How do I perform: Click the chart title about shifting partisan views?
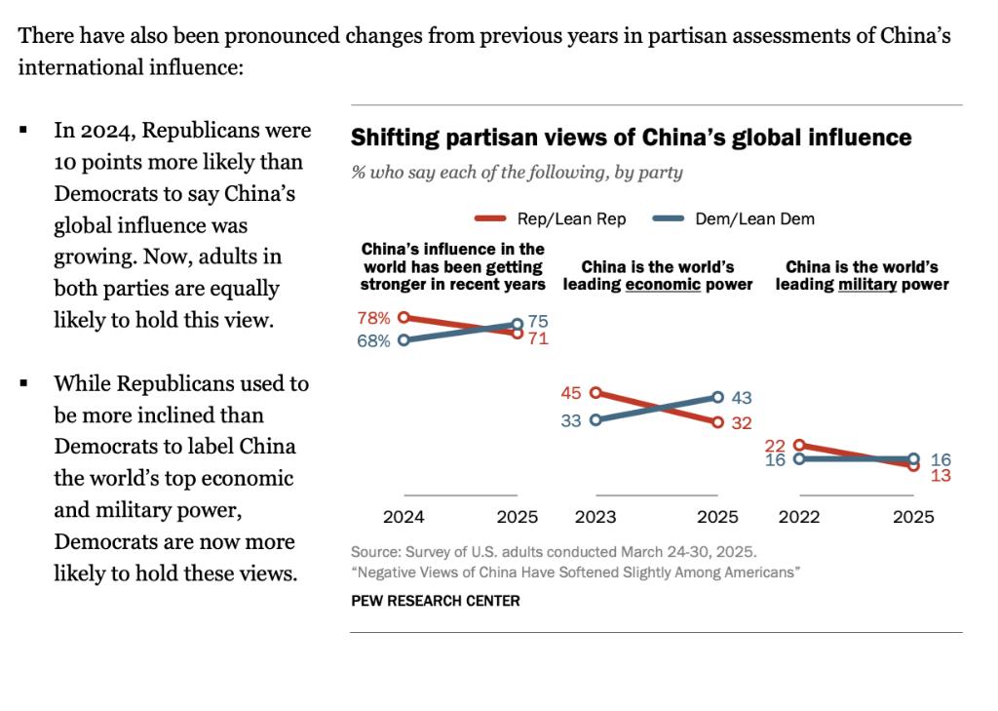pos(631,138)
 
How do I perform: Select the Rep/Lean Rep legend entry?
pos(550,219)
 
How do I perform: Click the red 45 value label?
pos(571,393)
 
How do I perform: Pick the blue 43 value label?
pos(741,398)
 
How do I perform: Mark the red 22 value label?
pos(775,445)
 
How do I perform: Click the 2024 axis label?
pos(403,518)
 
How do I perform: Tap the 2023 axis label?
pos(595,518)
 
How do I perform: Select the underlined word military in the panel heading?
pos(867,285)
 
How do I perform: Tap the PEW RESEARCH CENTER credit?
pos(435,601)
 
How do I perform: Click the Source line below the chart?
pos(553,551)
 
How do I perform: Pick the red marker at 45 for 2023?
pos(595,393)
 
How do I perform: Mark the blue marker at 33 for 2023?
pos(595,420)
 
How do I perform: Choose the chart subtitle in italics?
pos(517,173)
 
